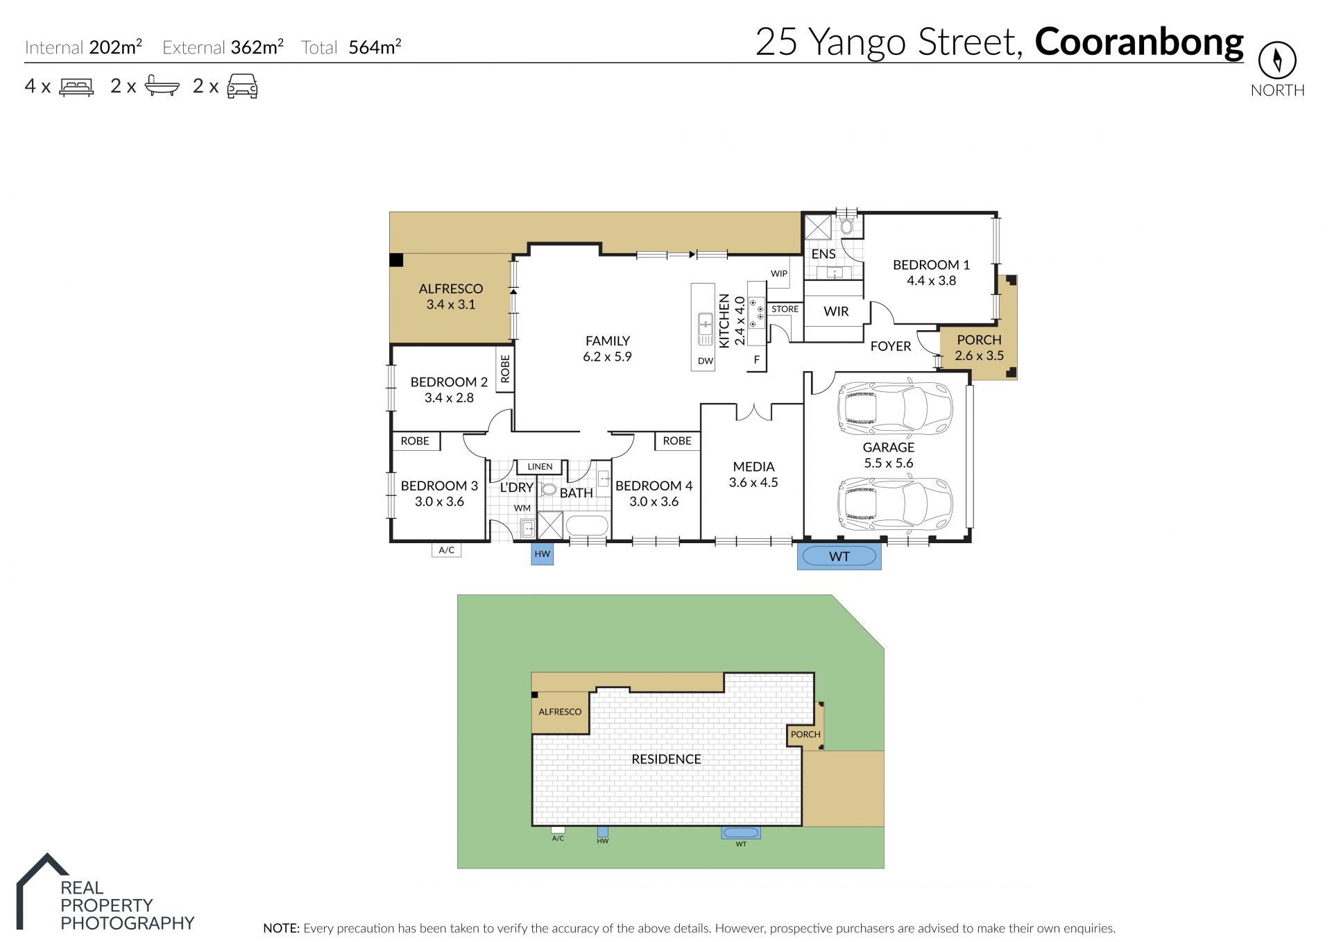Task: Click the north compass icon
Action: click(x=1277, y=60)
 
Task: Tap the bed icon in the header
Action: click(x=76, y=87)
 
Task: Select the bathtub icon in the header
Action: click(x=162, y=86)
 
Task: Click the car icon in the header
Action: click(x=243, y=86)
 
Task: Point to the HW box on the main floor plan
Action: click(x=543, y=554)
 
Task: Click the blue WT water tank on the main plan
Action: click(x=839, y=556)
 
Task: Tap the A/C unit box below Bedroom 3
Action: click(x=447, y=550)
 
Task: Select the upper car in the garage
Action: click(x=895, y=408)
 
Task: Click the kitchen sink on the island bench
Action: click(x=705, y=329)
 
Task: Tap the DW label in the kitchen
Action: click(x=706, y=361)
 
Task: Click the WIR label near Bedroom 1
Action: click(x=836, y=311)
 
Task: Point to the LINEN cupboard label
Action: click(x=540, y=467)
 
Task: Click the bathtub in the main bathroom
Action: click(x=588, y=526)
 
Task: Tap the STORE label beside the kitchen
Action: click(x=785, y=309)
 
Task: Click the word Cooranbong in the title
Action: click(x=1139, y=42)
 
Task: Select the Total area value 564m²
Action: click(x=375, y=46)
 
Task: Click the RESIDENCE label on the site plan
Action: click(x=666, y=759)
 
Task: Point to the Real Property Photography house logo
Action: click(x=42, y=891)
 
